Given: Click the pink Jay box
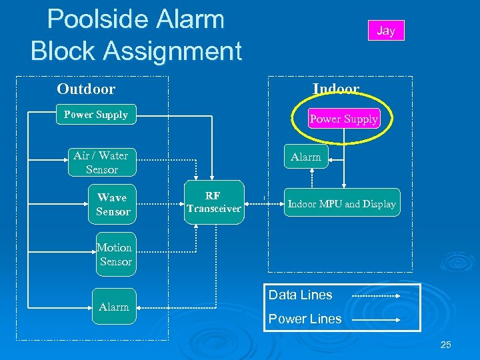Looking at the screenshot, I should point(386,31).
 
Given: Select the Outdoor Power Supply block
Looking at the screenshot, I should point(96,115).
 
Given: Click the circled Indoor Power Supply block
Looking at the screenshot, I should point(343,119).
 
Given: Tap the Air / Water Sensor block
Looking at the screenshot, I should point(101,163).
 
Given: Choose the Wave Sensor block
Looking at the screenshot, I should point(113,205).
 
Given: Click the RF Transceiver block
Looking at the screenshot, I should point(213,203).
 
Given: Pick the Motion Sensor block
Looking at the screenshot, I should point(115,255).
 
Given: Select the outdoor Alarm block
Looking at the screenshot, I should point(114,307).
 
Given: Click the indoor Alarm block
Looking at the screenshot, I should point(306,157).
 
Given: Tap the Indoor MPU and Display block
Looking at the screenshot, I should point(341,204).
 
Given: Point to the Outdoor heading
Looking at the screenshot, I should point(86,89).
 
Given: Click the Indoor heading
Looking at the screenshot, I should point(336,89).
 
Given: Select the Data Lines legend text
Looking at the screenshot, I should point(300,295).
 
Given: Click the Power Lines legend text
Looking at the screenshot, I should point(305,319).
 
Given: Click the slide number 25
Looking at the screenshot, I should point(446,345).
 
